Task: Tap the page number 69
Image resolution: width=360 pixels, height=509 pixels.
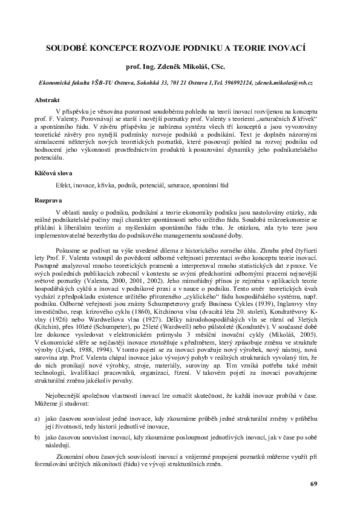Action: (x=313, y=484)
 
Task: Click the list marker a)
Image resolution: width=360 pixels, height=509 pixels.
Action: (x=37, y=436)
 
